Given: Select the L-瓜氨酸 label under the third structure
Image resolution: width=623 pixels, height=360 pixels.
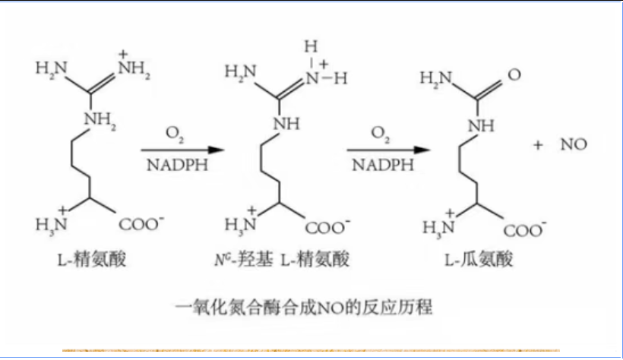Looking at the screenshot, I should (x=479, y=261).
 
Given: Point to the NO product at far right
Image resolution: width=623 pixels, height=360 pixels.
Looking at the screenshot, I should (x=574, y=145).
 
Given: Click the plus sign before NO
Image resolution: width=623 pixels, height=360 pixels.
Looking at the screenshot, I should (x=539, y=145).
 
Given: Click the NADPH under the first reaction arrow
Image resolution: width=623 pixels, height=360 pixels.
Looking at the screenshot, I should (x=174, y=166).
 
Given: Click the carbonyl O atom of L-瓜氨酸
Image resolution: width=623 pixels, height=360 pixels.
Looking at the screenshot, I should (x=514, y=75).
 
